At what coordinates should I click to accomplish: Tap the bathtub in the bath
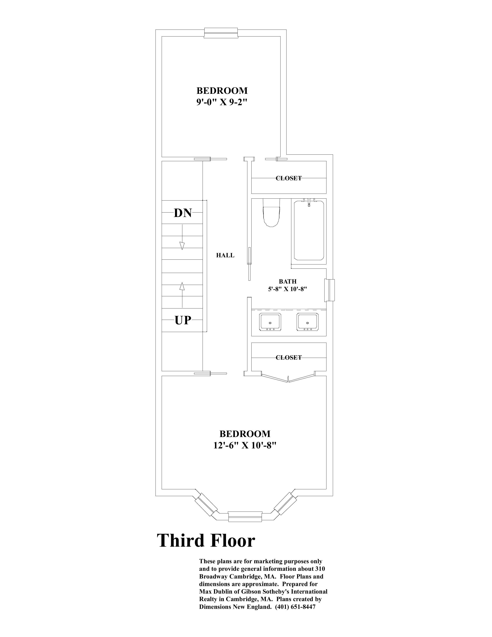pos(309,230)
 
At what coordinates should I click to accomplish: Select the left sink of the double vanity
pos(270,322)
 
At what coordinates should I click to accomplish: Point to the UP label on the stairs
pos(183,320)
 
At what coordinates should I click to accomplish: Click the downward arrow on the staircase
pos(182,237)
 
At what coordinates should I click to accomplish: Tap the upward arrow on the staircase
pos(182,295)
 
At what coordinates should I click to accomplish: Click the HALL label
pos(225,255)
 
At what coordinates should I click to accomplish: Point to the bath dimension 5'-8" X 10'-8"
pos(288,289)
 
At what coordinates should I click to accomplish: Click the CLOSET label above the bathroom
pos(289,178)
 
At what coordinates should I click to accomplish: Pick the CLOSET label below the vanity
pos(289,357)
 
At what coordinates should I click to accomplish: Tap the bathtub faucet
pos(309,202)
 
